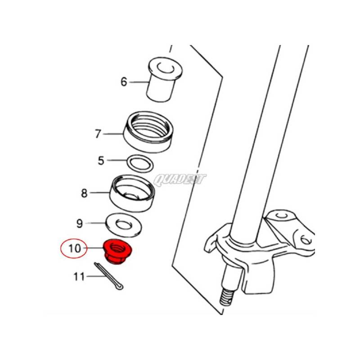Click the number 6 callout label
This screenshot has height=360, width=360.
(124, 82)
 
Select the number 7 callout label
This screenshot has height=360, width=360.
(98, 134)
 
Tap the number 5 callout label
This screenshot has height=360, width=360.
(101, 160)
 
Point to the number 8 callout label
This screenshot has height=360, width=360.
(84, 193)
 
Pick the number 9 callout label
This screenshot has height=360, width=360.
(79, 223)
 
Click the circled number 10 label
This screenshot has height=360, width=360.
(73, 248)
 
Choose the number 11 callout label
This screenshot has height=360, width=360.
(79, 277)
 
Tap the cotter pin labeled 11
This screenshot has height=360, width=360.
(110, 276)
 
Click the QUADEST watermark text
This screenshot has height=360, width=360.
(180, 180)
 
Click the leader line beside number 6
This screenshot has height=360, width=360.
(139, 82)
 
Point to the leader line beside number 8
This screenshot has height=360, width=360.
(100, 193)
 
